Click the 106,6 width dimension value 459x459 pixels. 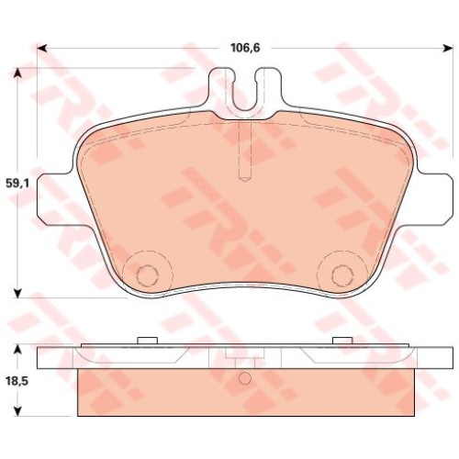[245, 48]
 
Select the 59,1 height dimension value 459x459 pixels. [17, 184]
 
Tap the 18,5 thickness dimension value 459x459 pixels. [17, 381]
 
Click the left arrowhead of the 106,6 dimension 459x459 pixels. [41, 48]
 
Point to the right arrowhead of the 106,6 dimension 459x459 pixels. [448, 48]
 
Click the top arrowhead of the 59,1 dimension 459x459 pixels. [17, 73]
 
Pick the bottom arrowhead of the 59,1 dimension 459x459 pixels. [17, 293]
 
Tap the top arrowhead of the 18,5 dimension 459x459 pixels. [17, 349]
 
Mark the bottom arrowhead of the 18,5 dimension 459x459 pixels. [17, 411]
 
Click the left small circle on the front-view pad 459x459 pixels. [146, 274]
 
